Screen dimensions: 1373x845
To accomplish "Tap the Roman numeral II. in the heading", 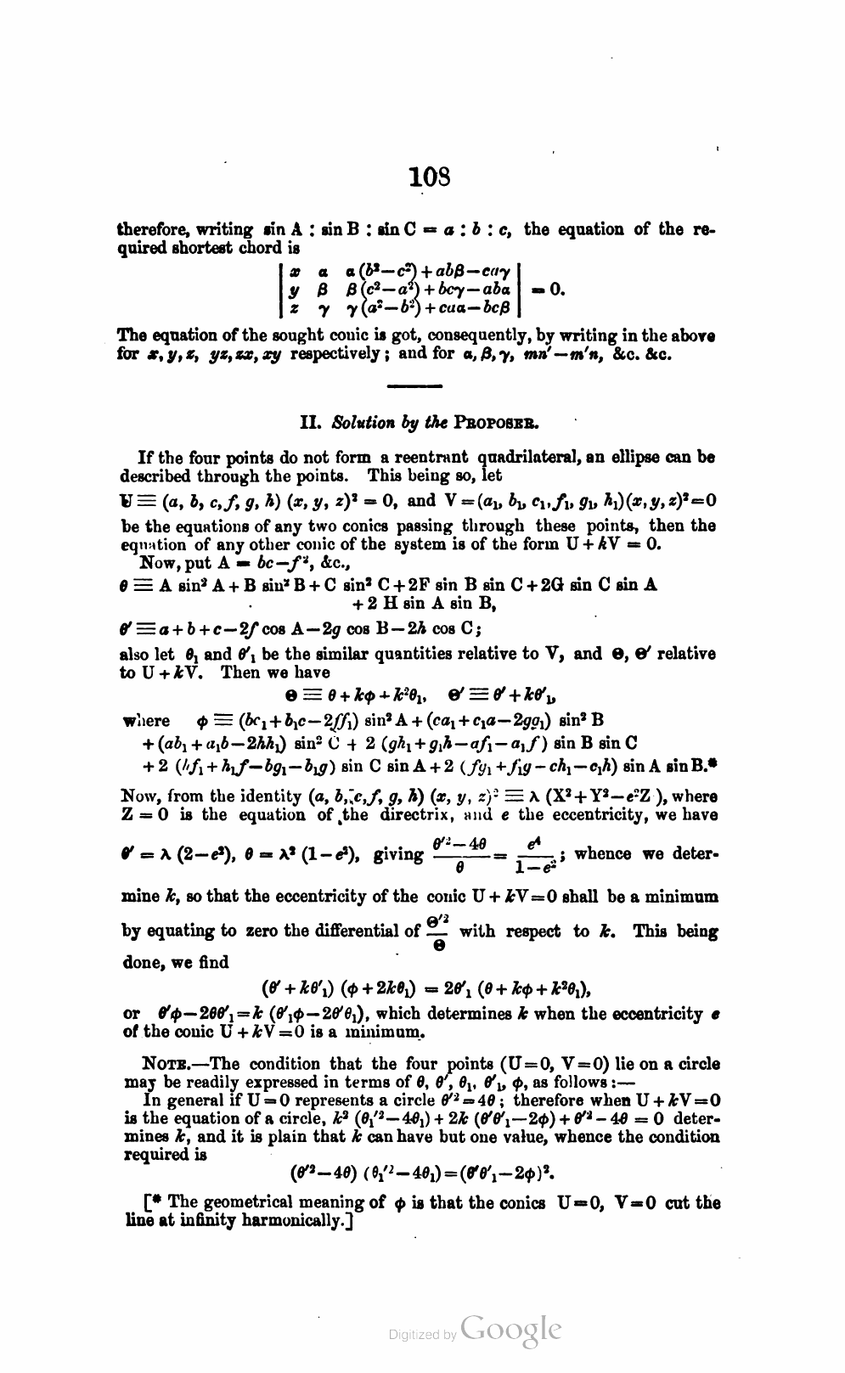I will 311,422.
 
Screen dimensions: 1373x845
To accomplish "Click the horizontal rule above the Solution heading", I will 415,387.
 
